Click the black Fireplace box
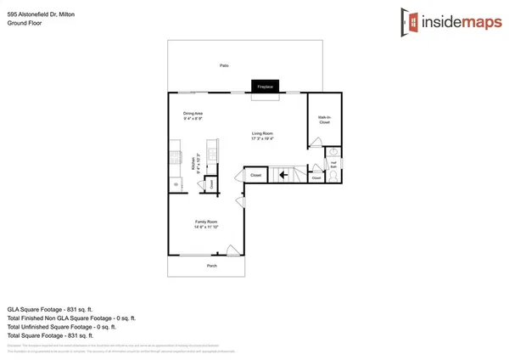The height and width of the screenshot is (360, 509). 266,86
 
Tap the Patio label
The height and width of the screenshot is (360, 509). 225,65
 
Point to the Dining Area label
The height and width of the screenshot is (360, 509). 193,113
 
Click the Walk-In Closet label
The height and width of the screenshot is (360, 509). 324,120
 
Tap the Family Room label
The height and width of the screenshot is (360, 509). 207,222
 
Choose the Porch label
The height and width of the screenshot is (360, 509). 212,266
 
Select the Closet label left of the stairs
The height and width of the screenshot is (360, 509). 255,176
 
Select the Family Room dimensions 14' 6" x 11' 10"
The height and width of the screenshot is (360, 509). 207,228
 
